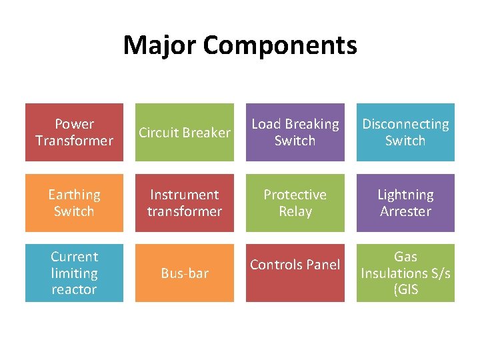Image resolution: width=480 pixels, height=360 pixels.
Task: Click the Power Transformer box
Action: [74, 132]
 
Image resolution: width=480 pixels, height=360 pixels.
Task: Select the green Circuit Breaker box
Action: [185, 132]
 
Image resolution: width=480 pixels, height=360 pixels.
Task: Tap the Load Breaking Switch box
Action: [295, 132]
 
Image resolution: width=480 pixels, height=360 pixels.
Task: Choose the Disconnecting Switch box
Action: [405, 132]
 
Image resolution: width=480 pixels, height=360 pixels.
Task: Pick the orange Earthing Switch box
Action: [74, 203]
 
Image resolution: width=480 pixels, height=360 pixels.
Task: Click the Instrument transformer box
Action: [185, 203]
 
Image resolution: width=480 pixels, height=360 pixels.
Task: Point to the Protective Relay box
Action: [295, 203]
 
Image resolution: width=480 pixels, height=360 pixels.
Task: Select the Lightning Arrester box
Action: [405, 203]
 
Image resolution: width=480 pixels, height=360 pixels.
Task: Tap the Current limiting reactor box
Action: [74, 273]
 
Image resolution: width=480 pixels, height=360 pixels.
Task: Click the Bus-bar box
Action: [185, 273]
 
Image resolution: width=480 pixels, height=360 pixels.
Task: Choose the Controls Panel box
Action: [295, 273]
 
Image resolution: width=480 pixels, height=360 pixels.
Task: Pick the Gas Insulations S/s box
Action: [405, 273]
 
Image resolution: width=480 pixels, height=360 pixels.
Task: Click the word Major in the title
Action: [159, 45]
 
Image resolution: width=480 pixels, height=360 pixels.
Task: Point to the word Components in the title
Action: [280, 45]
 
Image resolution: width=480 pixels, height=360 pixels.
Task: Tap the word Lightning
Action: [405, 195]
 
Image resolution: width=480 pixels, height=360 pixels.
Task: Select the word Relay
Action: [295, 211]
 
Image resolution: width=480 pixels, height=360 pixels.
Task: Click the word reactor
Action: [74, 289]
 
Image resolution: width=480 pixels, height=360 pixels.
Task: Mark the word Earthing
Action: [74, 195]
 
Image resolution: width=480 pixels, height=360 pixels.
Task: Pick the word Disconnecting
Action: [405, 124]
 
